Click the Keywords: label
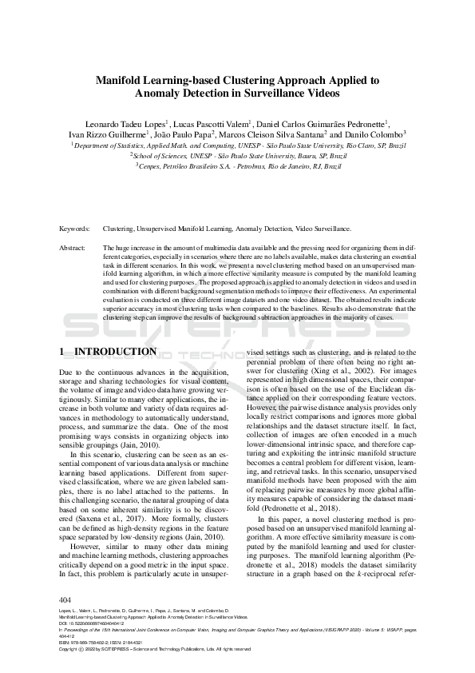tap(75, 229)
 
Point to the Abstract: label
tap(73, 249)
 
